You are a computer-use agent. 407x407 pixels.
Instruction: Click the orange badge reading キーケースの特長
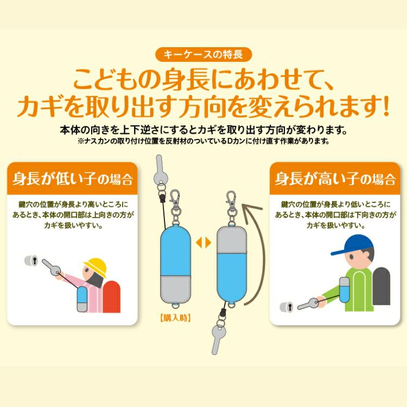[203, 54]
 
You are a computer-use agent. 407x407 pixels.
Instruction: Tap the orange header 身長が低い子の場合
[72, 179]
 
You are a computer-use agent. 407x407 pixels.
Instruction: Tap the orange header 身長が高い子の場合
[335, 179]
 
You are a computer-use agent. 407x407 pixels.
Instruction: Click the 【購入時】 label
[175, 317]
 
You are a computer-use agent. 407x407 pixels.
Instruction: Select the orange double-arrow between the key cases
[203, 243]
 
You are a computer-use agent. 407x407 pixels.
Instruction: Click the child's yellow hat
[96, 267]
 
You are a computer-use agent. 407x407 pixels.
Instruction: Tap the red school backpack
[112, 296]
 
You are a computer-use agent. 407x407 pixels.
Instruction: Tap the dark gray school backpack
[381, 286]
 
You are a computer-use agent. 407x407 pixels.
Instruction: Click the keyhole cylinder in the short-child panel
[31, 260]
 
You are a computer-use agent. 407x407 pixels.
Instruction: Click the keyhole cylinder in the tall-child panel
[287, 307]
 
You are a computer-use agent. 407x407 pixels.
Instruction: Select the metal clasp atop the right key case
[231, 208]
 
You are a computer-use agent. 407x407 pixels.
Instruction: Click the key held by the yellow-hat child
[52, 268]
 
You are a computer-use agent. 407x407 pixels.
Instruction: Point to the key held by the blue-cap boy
[308, 304]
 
